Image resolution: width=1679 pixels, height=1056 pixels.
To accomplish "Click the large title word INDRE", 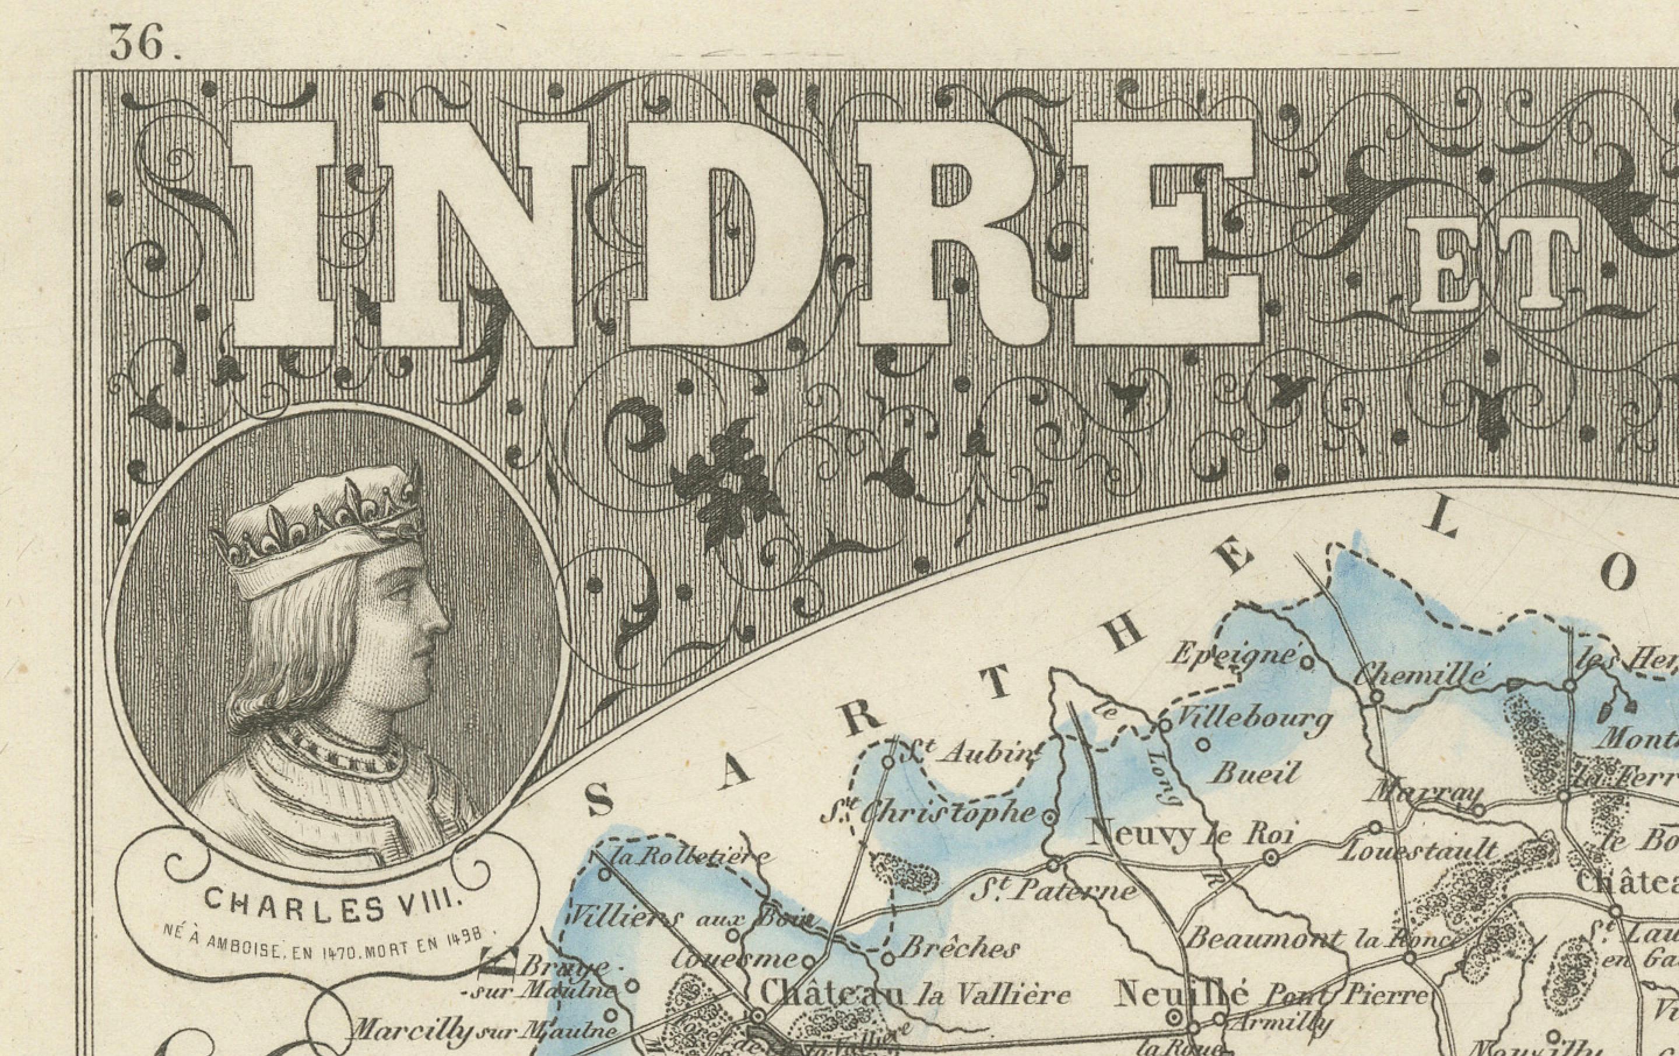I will [x=746, y=234].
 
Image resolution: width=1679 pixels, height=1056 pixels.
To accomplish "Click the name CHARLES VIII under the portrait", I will [x=333, y=904].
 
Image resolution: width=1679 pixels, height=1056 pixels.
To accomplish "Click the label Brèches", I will [x=960, y=948].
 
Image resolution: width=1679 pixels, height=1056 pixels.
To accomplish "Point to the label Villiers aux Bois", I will [x=690, y=918].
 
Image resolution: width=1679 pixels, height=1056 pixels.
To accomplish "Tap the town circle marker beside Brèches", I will [x=888, y=959].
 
